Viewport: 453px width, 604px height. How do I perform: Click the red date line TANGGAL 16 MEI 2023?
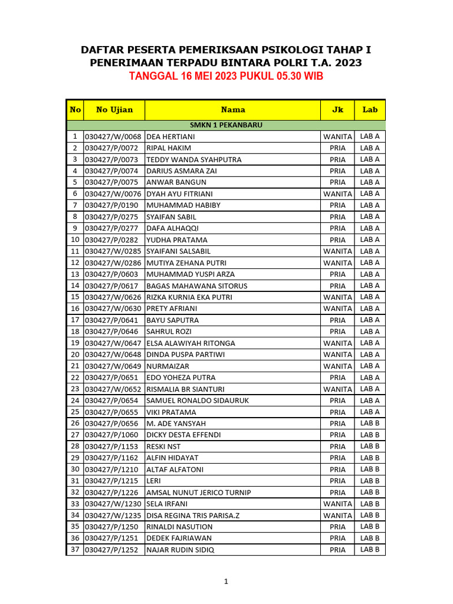pos(226,77)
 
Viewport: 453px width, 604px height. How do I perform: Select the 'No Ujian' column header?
pos(114,110)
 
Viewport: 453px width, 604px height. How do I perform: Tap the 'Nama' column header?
pos(233,110)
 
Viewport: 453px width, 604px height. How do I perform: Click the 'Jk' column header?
pos(337,110)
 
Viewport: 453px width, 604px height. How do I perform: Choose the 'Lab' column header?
pos(370,110)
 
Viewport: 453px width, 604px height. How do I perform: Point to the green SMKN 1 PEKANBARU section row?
pos(226,125)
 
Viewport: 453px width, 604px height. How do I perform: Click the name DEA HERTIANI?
pos(170,137)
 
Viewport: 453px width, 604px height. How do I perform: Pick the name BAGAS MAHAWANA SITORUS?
pos(196,286)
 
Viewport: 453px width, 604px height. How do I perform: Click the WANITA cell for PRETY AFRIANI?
pos(337,308)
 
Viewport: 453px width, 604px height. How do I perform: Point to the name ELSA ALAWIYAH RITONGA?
pos(191,343)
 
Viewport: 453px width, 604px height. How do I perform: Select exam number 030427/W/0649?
pos(113,366)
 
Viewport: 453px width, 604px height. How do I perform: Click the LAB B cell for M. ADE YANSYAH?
pos(370,424)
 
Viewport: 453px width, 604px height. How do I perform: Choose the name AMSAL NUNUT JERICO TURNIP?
pos(198,493)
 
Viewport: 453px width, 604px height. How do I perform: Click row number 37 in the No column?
pos(75,550)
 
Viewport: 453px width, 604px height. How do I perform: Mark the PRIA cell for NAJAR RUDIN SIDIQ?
pos(337,550)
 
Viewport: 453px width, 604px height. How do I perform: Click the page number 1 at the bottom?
pos(226,582)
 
